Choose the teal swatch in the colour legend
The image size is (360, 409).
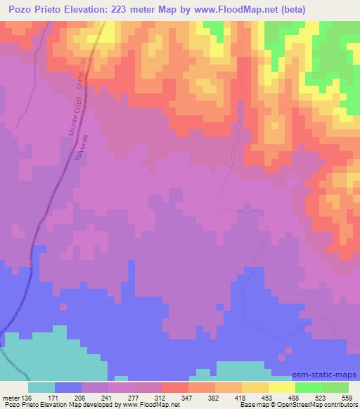point(41,387)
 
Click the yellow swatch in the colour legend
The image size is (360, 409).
point(281,387)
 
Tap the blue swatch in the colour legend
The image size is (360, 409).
point(67,387)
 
